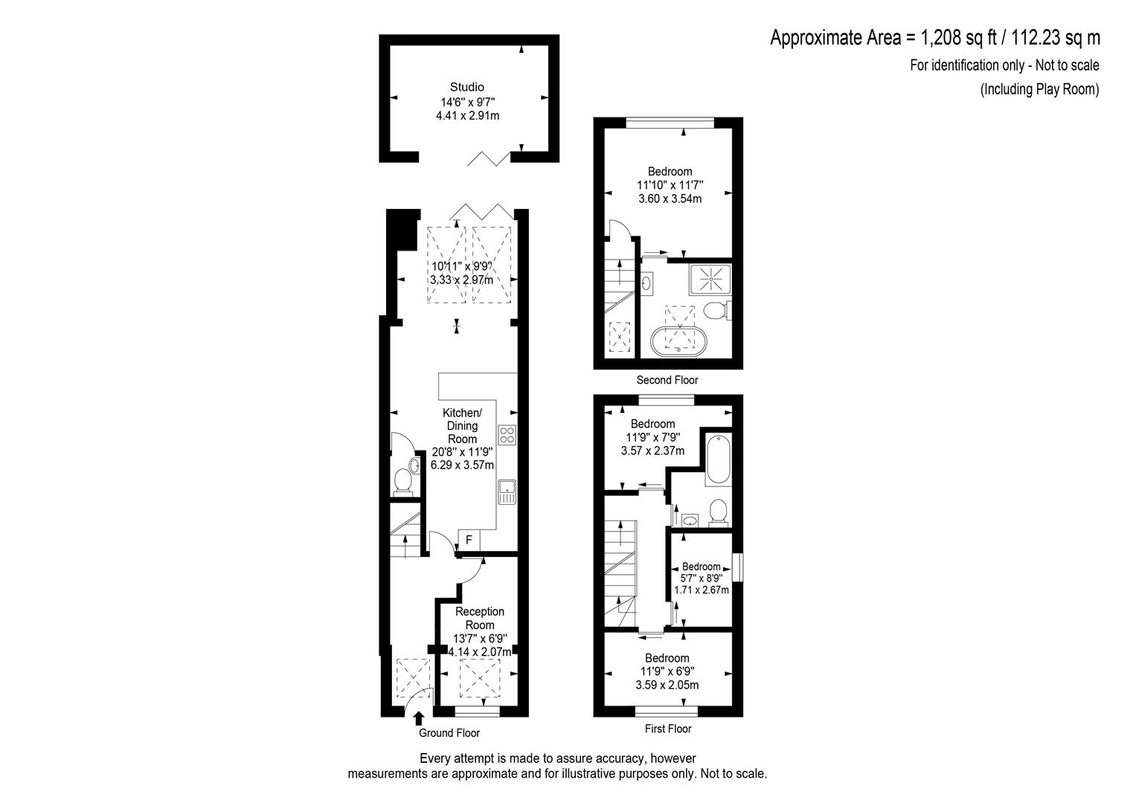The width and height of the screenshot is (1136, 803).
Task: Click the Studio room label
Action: tap(467, 87)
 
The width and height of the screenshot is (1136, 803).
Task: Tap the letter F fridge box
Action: tap(469, 539)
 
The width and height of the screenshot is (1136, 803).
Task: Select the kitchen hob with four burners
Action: tap(507, 434)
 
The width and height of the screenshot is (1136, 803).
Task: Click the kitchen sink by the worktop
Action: tap(507, 491)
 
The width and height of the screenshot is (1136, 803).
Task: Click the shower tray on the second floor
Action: tap(710, 280)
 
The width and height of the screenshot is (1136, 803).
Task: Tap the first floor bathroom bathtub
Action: tap(719, 459)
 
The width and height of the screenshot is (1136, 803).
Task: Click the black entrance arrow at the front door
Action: tap(419, 718)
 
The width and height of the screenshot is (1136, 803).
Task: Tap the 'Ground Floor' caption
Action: tap(449, 732)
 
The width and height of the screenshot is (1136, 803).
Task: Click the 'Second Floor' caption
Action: tap(667, 380)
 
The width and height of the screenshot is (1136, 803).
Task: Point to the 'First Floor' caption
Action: tap(668, 729)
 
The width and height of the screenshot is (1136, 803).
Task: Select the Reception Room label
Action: tap(480, 618)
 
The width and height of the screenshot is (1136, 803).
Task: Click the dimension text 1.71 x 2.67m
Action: tap(702, 590)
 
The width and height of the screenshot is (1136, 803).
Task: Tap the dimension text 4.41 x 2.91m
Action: tap(468, 115)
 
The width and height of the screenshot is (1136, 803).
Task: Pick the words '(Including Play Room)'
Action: tap(1039, 89)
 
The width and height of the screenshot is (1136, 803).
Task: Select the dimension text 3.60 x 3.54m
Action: tap(670, 199)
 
